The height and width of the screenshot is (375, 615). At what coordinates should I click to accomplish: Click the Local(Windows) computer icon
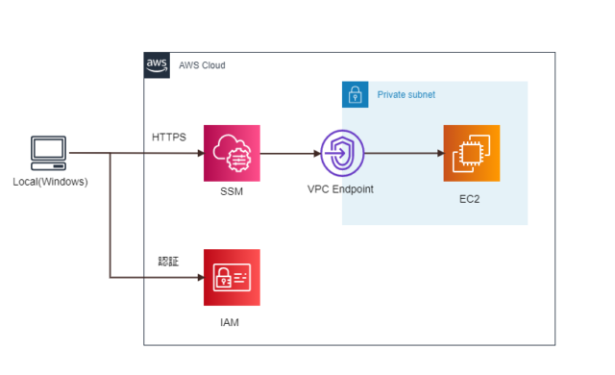49,153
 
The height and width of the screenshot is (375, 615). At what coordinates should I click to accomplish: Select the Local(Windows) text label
50,182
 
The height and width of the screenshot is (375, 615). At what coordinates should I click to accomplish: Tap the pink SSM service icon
232,153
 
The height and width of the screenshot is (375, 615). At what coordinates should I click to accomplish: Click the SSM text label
232,193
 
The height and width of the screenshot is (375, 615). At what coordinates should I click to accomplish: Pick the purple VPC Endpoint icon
343,153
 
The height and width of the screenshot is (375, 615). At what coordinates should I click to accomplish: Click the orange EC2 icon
471,153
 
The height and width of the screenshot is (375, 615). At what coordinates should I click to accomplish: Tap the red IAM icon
232,277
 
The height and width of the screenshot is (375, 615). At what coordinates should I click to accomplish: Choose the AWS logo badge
157,64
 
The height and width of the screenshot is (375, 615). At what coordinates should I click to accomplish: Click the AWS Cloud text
202,65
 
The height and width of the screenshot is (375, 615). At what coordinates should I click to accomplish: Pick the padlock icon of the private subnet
355,94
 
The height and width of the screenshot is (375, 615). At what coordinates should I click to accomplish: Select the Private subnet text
406,96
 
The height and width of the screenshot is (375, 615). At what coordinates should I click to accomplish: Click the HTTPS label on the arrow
169,137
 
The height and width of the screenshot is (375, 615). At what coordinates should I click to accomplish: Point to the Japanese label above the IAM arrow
169,261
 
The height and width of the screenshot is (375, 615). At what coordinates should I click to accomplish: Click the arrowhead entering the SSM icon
198,153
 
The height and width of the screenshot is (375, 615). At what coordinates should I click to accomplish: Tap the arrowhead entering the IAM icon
198,277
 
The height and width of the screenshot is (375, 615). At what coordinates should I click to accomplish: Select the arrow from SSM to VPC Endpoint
289,153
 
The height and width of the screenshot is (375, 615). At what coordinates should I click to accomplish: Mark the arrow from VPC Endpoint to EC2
404,153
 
